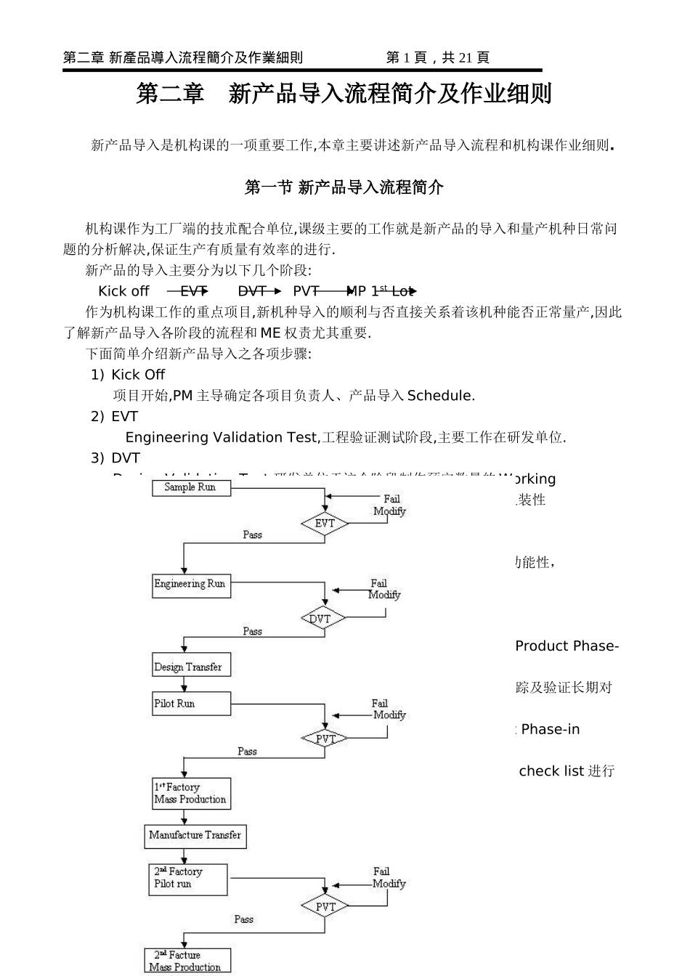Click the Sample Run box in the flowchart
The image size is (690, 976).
click(190, 488)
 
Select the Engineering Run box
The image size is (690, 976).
click(191, 585)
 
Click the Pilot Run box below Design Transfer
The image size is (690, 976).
click(191, 704)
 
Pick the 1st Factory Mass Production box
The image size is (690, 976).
click(191, 794)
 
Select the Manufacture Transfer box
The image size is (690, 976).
click(195, 836)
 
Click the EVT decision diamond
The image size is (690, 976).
click(325, 524)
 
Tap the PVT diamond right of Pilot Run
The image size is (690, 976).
click(325, 739)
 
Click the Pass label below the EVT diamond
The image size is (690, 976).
click(252, 535)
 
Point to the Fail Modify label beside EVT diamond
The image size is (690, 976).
click(390, 505)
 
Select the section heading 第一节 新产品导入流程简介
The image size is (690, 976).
click(344, 187)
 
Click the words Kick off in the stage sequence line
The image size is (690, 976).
click(123, 291)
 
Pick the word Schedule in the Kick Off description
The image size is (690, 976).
click(440, 396)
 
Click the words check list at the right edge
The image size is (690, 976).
click(551, 770)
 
